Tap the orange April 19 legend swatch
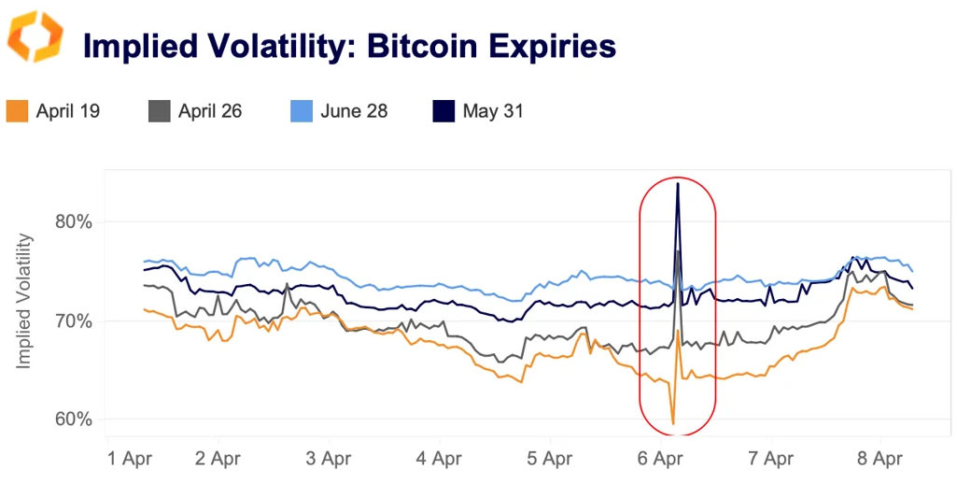(17, 111)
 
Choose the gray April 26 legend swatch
(159, 111)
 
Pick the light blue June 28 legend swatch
(301, 111)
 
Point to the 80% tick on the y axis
(72, 222)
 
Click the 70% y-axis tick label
(72, 321)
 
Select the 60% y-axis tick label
(72, 420)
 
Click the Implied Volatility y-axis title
(24, 302)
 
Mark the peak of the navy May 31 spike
(677, 184)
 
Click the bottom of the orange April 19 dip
(673, 424)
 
